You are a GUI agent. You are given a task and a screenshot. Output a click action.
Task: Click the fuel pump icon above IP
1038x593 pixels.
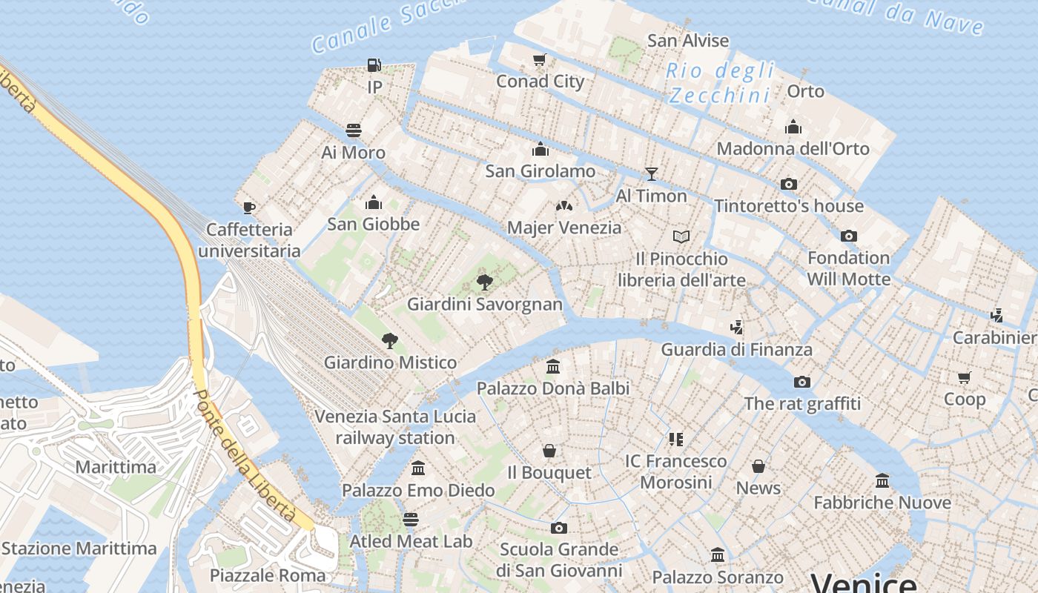tap(374, 65)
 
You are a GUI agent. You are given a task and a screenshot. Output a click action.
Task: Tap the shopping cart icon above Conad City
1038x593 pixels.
tap(540, 59)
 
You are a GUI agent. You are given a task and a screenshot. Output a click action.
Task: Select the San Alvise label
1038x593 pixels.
tap(688, 41)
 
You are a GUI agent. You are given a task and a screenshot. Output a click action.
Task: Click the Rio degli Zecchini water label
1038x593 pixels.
tap(720, 83)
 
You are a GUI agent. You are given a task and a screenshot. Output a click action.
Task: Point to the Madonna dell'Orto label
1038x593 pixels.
tap(793, 149)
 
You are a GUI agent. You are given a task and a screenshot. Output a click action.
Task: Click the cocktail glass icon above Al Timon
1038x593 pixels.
tap(651, 174)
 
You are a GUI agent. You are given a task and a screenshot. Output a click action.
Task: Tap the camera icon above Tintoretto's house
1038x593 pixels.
tap(789, 184)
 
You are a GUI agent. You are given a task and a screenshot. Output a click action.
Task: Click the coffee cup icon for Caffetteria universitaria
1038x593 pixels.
tap(249, 208)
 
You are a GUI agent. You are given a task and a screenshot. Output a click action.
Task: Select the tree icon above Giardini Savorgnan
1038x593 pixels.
tap(485, 282)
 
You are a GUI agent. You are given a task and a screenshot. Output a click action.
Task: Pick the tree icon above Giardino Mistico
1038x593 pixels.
tap(390, 341)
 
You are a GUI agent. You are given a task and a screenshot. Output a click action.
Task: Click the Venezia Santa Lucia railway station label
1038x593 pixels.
tap(395, 427)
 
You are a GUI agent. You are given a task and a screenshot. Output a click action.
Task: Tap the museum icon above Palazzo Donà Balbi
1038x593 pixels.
tap(552, 366)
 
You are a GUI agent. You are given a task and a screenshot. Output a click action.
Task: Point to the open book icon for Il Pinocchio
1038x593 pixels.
tap(681, 236)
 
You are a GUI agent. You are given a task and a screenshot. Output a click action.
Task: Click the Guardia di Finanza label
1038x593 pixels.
tap(736, 349)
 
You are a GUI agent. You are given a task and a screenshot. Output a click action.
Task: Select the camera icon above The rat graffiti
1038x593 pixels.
tap(802, 382)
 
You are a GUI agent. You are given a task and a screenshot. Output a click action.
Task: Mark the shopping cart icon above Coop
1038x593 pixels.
tap(965, 377)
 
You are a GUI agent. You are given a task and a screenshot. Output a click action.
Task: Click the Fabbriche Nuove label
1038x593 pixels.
tap(882, 503)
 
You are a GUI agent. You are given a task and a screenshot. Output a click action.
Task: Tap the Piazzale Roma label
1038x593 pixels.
tap(267, 575)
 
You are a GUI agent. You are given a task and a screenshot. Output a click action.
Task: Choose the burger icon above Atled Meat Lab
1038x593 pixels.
tap(411, 519)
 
